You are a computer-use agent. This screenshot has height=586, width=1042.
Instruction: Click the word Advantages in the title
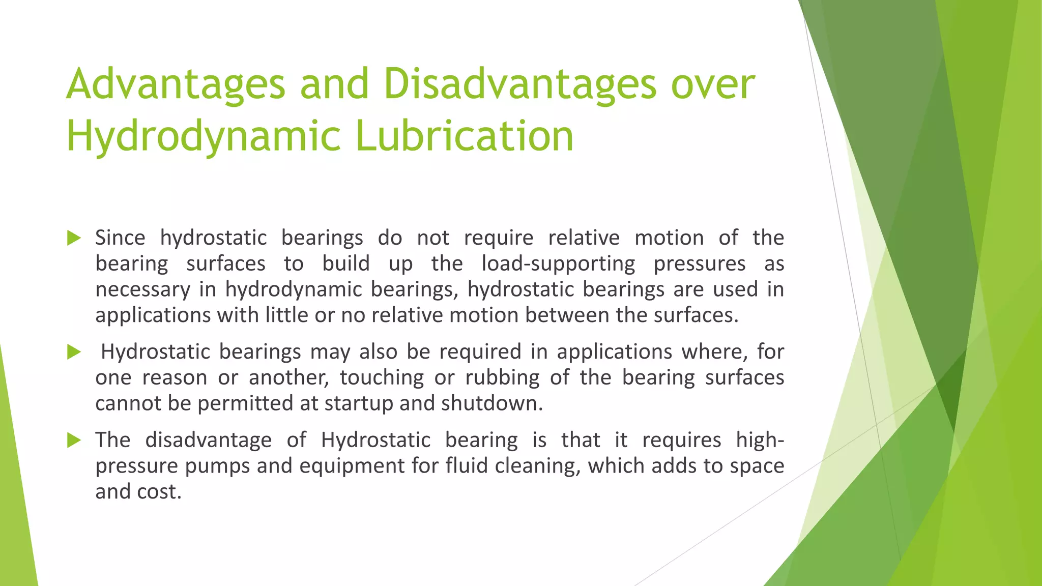(x=176, y=85)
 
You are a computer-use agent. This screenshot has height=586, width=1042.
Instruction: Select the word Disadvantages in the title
(x=520, y=84)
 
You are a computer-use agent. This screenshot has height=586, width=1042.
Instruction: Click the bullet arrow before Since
(x=74, y=238)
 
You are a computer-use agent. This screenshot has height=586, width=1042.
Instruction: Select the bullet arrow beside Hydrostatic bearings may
(x=74, y=352)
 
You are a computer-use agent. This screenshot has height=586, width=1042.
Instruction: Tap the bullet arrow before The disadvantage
(x=74, y=440)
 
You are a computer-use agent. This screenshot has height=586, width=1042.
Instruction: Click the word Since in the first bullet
(x=120, y=238)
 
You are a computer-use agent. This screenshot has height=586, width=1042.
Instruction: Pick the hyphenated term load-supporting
(x=558, y=264)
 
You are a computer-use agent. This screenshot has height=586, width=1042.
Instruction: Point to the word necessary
(x=143, y=290)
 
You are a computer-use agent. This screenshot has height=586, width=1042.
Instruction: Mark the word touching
(x=382, y=378)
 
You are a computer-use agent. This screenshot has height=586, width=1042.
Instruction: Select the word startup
(x=358, y=404)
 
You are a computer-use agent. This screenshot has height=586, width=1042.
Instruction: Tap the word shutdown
(x=491, y=404)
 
